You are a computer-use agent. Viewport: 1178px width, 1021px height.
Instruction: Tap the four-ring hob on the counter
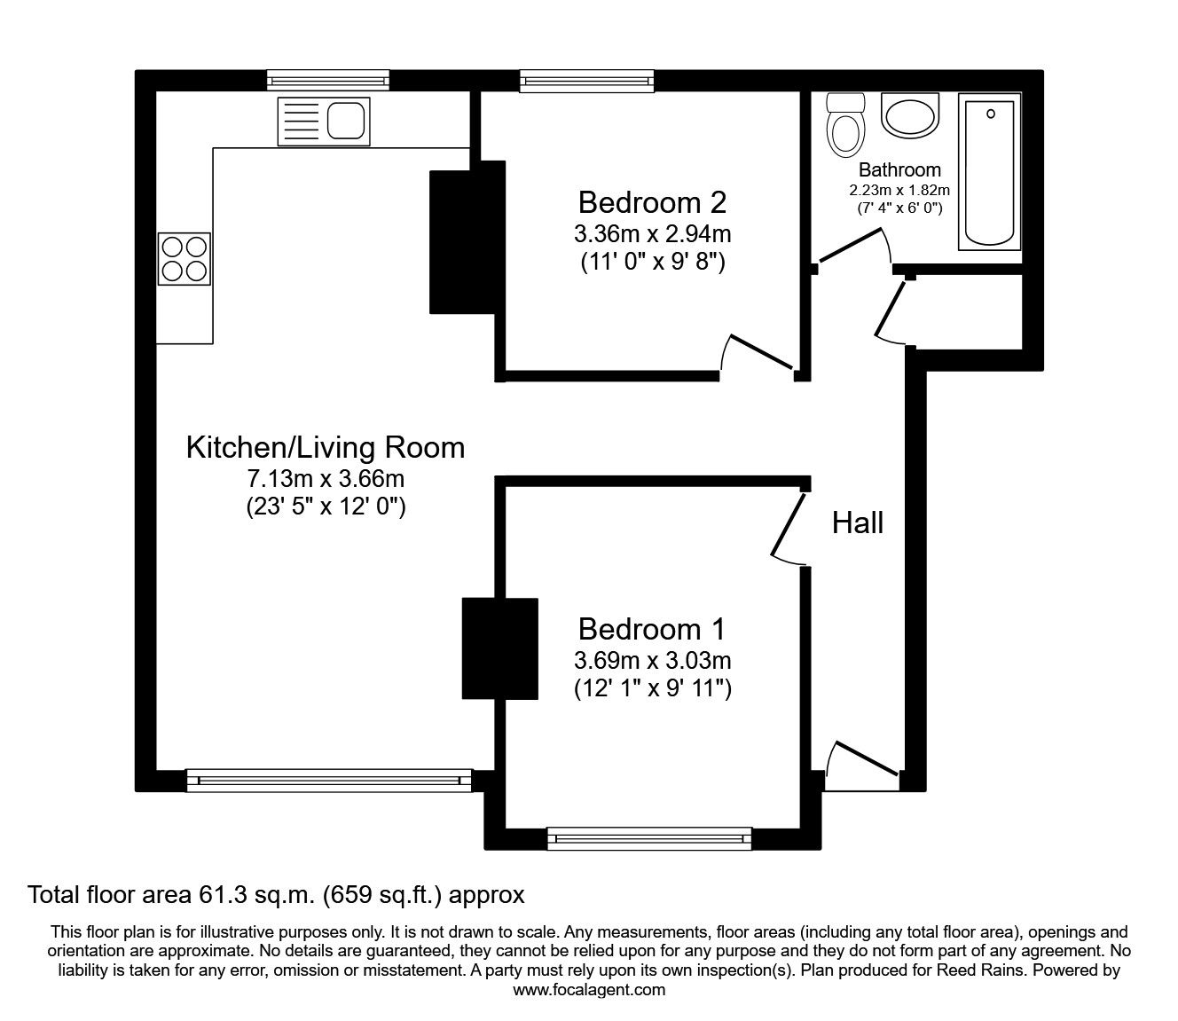pyautogui.click(x=185, y=258)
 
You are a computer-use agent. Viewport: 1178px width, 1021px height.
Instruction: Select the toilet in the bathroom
pyautogui.click(x=844, y=125)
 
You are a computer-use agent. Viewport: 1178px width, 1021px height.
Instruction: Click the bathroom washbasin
pyautogui.click(x=909, y=115)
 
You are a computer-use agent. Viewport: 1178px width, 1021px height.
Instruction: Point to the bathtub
pyautogui.click(x=989, y=171)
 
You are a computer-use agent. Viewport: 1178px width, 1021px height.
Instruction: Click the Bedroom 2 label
pyautogui.click(x=652, y=202)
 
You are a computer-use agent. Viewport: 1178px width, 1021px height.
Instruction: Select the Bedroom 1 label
pyautogui.click(x=652, y=629)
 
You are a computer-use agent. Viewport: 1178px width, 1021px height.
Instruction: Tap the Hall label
pyautogui.click(x=858, y=522)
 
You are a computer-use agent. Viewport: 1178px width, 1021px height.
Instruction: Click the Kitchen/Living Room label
pyautogui.click(x=325, y=447)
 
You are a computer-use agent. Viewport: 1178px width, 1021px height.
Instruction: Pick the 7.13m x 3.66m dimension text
pyautogui.click(x=325, y=479)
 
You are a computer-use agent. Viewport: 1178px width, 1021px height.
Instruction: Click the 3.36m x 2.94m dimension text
pyautogui.click(x=652, y=234)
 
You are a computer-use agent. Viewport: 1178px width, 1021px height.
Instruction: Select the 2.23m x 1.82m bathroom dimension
pyautogui.click(x=899, y=190)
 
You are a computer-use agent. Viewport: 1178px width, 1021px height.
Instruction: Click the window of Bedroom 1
pyautogui.click(x=649, y=837)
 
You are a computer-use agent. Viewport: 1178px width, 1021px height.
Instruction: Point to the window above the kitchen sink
pyautogui.click(x=329, y=81)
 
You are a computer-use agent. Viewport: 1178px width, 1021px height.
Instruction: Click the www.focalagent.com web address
pyautogui.click(x=589, y=990)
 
